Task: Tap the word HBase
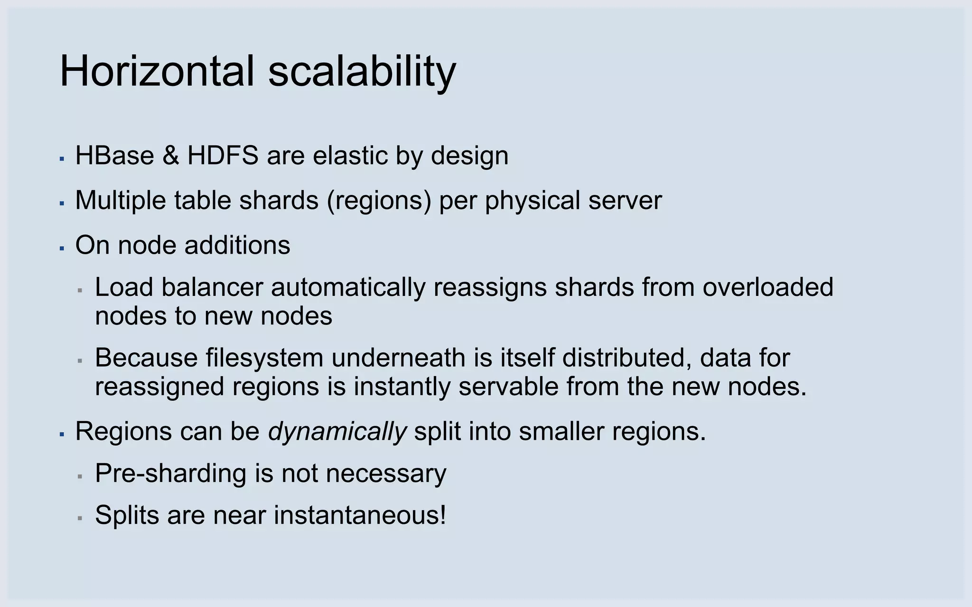tap(114, 156)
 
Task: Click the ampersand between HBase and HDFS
tap(171, 156)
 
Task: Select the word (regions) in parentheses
tap(379, 201)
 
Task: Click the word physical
tap(533, 201)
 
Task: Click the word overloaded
tap(767, 287)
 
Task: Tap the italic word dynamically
tap(337, 432)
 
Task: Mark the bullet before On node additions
tap(62, 248)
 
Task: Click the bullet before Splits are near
tap(80, 518)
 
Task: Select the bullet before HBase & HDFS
tap(62, 158)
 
